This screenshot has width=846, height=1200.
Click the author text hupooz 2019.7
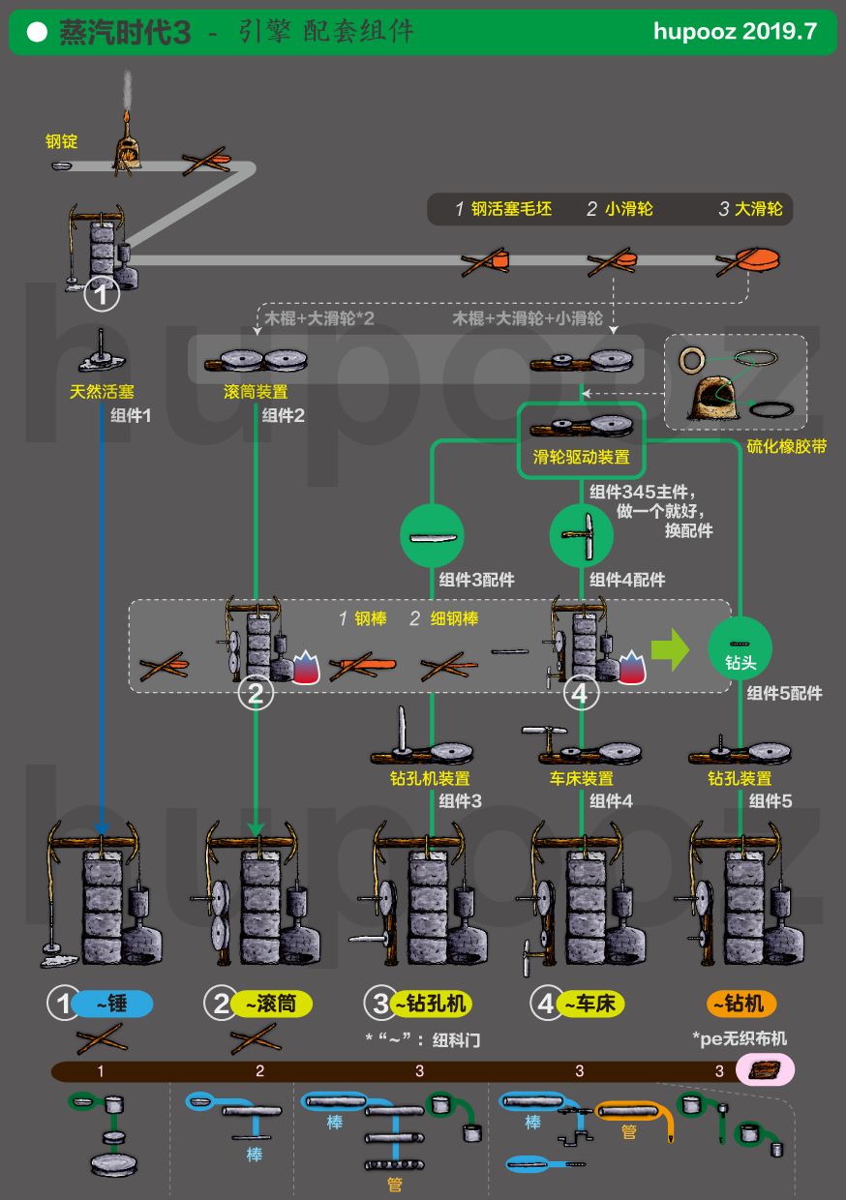click(735, 32)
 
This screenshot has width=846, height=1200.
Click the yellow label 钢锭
click(61, 141)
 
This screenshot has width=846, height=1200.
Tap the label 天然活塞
click(102, 392)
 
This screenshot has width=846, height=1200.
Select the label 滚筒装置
click(255, 392)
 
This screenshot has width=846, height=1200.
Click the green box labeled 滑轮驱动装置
click(581, 440)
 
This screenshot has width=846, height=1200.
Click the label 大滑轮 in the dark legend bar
click(758, 209)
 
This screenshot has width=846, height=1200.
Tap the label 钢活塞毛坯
click(511, 209)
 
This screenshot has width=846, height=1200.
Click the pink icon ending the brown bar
click(765, 1070)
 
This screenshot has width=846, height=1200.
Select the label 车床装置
click(581, 779)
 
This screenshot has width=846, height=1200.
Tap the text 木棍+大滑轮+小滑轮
click(528, 318)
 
